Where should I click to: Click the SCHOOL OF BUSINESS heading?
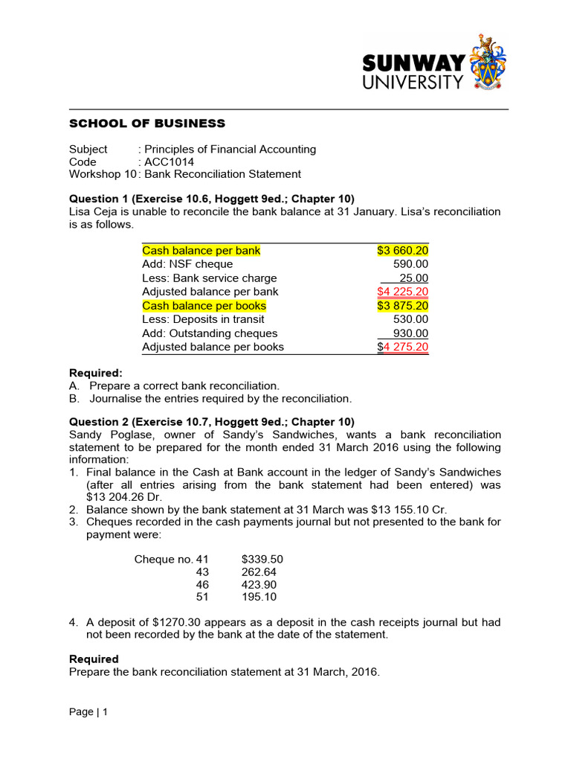(x=146, y=124)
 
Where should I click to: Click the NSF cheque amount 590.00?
(x=410, y=264)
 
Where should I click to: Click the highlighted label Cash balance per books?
(x=204, y=306)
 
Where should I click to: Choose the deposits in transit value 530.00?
(x=410, y=320)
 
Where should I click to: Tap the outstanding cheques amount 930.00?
(x=410, y=333)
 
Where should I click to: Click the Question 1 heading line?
(x=212, y=199)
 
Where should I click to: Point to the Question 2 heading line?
(x=212, y=421)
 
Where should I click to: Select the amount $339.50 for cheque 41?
(x=262, y=559)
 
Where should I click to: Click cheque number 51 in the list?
(x=202, y=598)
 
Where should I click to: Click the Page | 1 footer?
(x=88, y=712)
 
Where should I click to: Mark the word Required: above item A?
(x=96, y=372)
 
